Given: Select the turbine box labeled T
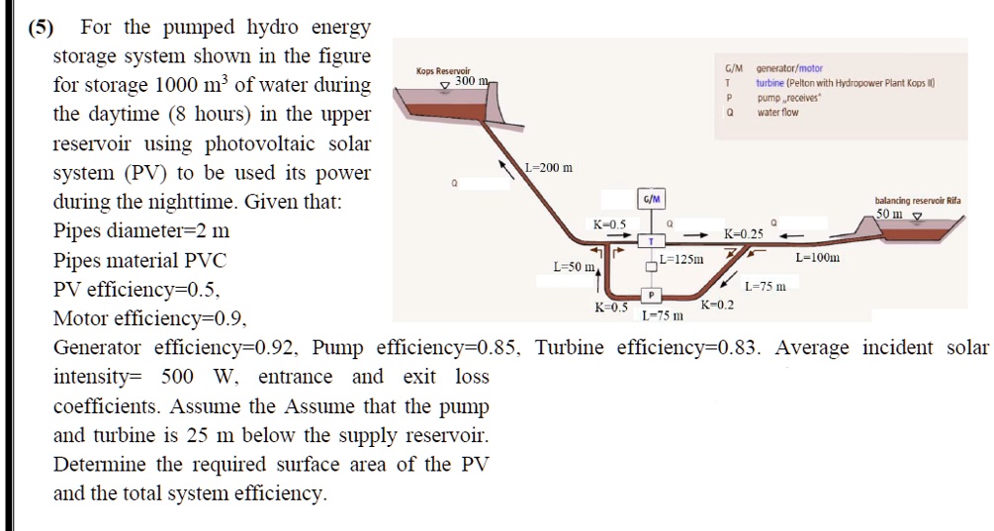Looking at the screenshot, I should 652,240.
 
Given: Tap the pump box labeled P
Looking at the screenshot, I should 652,295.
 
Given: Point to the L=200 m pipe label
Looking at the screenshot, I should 548,167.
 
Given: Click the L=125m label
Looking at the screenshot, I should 682,259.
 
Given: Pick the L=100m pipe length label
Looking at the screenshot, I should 818,258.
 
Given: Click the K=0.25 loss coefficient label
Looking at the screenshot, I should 744,234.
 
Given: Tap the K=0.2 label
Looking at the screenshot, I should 717,305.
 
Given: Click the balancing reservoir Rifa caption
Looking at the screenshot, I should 918,200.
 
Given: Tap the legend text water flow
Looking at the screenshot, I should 777,113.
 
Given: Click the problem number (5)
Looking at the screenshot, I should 41,27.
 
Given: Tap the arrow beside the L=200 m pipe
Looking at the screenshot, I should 507,164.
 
